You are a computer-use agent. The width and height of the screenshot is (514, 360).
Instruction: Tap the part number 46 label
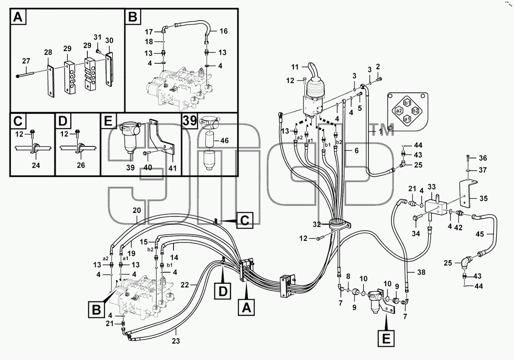pos(224,140)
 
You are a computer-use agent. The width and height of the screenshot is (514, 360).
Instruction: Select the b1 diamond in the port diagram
pos(407,103)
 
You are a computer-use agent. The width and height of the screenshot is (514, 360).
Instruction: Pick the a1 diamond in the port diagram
pos(407,119)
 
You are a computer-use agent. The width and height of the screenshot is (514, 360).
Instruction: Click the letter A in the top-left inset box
pos(18,17)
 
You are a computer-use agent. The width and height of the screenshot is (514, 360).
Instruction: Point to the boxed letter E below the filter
pos(386,338)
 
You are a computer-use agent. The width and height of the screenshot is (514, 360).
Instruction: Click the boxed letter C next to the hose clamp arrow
pos(245,221)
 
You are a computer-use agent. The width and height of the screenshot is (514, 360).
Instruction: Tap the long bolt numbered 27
pos(25,75)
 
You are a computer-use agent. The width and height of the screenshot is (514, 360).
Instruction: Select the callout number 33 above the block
pos(431,187)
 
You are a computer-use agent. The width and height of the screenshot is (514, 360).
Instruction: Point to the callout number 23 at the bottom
pos(176,341)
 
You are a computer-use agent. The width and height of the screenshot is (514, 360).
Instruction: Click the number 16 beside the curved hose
pos(224,31)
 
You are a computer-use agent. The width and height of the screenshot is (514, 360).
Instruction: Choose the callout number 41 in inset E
pos(172,168)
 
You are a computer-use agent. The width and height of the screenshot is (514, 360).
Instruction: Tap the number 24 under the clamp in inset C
pos(36,165)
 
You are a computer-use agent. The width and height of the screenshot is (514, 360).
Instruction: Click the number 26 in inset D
pos(81,165)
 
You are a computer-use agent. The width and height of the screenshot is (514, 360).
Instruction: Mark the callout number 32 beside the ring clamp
pos(317,224)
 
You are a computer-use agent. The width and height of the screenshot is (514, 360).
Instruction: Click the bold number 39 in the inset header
pos(190,120)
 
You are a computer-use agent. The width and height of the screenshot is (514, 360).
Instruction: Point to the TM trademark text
pos(382,130)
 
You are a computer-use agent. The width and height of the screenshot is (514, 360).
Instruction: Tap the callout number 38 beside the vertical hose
pos(421,272)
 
